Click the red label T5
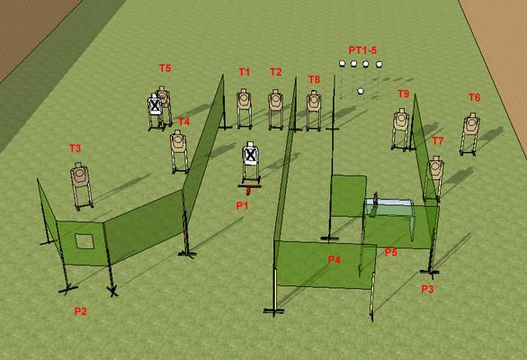pos(165,68)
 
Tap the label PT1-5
pos(362,50)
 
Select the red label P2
pos(80,311)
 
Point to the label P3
pos(427,289)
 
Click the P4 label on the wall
pos(334,260)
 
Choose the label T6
pos(474,97)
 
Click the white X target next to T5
pos(155,105)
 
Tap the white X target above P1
pos(250,154)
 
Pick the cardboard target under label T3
pos(80,175)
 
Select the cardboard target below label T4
pos(178,141)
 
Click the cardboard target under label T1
pos(244,100)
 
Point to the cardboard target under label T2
pos(275,101)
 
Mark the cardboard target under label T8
pos(314,102)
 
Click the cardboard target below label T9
pos(401,120)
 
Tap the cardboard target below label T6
pos(471,124)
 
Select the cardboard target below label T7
pos(435,167)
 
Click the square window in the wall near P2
pos(84,241)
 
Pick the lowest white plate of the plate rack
pos(361,91)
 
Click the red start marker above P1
pos(249,188)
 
